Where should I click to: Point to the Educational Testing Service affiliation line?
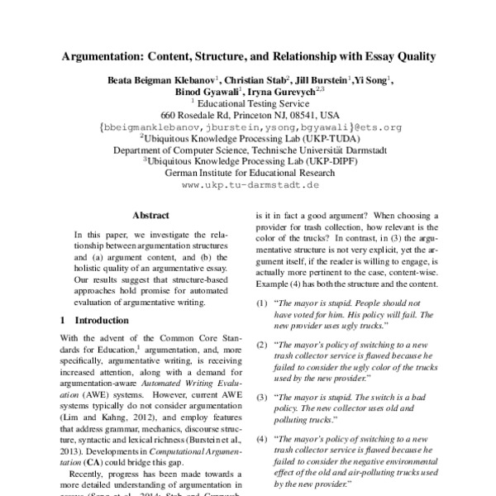[x=249, y=104]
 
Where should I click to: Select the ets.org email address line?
[x=249, y=128]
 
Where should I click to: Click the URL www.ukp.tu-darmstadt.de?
[x=249, y=187]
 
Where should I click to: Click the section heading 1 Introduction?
[x=98, y=319]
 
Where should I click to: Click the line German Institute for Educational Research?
[x=249, y=174]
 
